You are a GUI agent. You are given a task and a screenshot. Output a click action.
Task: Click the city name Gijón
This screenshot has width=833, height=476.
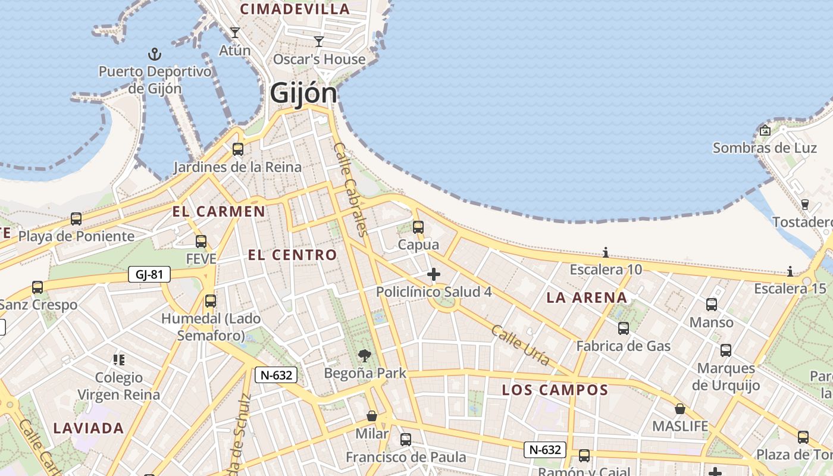coord(303,93)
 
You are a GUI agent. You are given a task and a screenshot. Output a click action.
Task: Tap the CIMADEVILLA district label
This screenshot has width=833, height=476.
coord(295,9)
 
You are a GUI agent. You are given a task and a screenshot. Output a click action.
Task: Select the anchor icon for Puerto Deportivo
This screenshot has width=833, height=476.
coord(155,55)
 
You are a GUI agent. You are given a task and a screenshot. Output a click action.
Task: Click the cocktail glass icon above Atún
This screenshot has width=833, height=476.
coord(235,33)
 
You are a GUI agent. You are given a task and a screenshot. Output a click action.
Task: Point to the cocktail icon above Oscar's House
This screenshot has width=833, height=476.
coord(319,41)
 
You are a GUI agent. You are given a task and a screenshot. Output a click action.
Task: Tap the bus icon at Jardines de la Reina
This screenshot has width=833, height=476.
coord(238,149)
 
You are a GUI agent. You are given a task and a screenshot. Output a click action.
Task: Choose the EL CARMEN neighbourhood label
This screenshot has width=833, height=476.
coord(219,211)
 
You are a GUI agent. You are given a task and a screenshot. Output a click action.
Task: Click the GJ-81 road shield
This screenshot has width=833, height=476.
coord(149,274)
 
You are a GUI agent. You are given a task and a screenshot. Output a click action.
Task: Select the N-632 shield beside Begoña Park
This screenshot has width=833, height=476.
coord(276,375)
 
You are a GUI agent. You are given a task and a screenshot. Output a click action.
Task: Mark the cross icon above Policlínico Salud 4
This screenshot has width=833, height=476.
coord(434,274)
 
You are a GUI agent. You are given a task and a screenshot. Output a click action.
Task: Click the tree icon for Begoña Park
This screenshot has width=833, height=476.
coord(365,356)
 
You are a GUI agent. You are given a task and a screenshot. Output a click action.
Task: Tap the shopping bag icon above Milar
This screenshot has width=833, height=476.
coord(372,415)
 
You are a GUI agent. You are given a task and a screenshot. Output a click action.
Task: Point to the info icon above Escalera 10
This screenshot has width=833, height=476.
coord(606,252)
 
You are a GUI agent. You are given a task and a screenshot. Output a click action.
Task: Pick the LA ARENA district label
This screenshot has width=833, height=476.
coord(587,297)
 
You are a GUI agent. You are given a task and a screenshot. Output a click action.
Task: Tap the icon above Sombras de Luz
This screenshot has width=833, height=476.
coord(765,130)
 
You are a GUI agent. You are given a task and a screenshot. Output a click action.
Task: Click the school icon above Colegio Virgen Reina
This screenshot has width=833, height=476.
coord(119,359)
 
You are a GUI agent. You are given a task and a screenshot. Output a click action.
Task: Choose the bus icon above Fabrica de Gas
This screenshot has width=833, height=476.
coord(624,328)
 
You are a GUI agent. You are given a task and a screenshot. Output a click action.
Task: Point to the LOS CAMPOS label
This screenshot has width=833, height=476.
coord(555,390)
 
